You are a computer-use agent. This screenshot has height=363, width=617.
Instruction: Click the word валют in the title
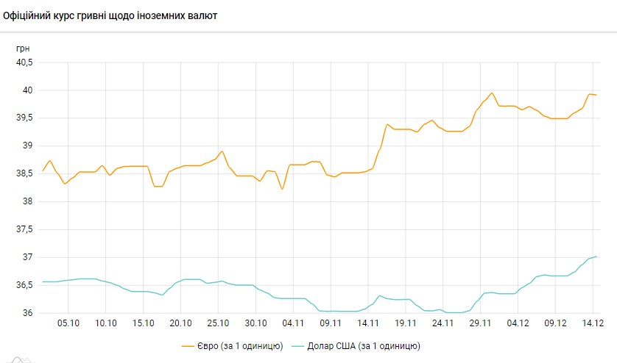(x=202, y=15)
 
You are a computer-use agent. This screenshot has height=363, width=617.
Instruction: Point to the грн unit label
(x=23, y=48)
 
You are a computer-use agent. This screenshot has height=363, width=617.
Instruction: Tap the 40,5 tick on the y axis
(x=24, y=62)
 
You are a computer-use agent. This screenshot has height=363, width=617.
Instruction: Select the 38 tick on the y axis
(x=28, y=201)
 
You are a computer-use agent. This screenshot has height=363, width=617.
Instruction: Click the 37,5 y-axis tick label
(x=24, y=229)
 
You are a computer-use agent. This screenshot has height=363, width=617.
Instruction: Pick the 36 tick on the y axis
(x=28, y=313)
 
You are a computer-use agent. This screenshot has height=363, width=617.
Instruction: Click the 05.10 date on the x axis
(x=68, y=323)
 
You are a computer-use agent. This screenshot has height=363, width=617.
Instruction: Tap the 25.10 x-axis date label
(x=218, y=323)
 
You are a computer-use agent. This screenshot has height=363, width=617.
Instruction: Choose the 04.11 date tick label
(x=293, y=323)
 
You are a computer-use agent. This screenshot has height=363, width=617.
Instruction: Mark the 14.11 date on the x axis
(x=368, y=323)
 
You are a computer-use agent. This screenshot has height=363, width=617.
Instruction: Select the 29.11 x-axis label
(x=480, y=323)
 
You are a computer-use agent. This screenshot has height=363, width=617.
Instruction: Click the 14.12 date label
(x=592, y=323)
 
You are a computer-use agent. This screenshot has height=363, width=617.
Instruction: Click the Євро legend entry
(x=231, y=345)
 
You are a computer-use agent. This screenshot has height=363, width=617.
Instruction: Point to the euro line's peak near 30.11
(x=492, y=93)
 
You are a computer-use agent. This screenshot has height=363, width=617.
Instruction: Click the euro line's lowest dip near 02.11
(x=282, y=190)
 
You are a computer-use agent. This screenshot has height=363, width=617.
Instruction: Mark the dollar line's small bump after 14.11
(x=380, y=295)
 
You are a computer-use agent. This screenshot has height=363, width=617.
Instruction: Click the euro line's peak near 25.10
(x=222, y=151)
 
